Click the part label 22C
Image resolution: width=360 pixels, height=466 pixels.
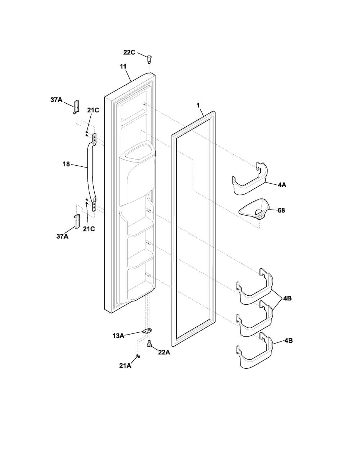coord(129,52)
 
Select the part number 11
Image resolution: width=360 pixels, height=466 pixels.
coord(123,66)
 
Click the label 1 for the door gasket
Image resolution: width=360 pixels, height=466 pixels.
coord(198,105)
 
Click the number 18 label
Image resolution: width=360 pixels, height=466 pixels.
coord(66,164)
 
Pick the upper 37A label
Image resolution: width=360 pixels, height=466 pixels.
coord(57,100)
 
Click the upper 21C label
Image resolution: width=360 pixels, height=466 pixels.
coord(93,110)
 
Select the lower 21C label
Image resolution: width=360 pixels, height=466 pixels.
coord(89,229)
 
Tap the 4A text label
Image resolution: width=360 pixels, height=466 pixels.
coord(282,185)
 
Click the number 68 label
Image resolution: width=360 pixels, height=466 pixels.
coord(282,210)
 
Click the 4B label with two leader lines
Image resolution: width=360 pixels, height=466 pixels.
coord(287,298)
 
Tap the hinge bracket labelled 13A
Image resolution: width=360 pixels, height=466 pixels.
coord(148,331)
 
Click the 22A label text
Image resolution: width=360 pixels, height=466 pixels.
coord(164,352)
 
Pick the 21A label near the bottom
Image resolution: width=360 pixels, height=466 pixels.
coord(125,366)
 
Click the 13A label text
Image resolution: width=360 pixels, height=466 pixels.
coord(118,336)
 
